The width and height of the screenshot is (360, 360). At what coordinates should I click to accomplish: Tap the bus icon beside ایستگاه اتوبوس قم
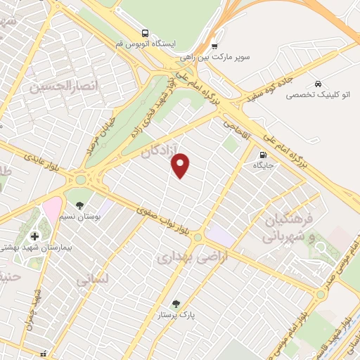click(145, 32)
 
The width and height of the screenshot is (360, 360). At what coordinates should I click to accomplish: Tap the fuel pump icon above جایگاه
click(263, 155)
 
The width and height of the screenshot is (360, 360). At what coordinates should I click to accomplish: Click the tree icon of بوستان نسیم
click(80, 205)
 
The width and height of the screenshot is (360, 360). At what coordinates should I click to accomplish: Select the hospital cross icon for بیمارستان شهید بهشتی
click(34, 236)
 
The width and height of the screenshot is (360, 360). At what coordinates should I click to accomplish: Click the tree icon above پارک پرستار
click(176, 303)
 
